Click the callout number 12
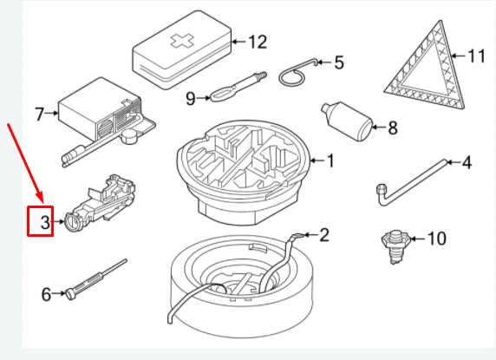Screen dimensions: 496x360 [258, 42]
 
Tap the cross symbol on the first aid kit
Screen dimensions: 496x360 [182, 41]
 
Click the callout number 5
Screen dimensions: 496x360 [339, 62]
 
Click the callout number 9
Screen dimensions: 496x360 [191, 98]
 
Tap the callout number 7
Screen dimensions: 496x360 [39, 114]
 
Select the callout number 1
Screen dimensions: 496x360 [330, 160]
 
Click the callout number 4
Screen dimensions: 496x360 [467, 162]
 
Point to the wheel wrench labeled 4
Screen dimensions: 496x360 [411, 182]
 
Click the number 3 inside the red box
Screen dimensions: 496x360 [45, 222]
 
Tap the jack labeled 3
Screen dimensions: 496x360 [101, 204]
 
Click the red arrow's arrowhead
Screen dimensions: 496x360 [40, 197]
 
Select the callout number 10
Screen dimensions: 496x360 [436, 239]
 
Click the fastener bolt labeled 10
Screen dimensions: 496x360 [395, 246]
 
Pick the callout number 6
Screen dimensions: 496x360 [46, 294]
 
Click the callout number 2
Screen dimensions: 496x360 [324, 235]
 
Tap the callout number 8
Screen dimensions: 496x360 [393, 128]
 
